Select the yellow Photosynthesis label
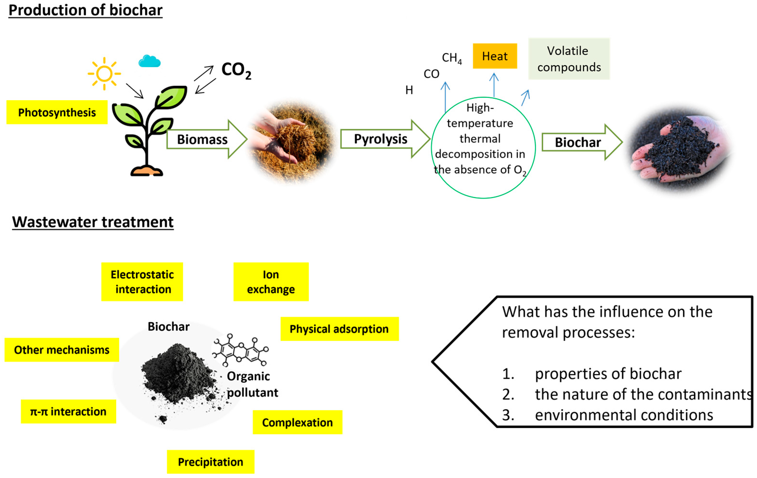(57, 112)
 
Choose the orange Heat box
(495, 56)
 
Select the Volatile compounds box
(569, 59)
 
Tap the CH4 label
(451, 58)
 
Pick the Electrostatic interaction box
(142, 282)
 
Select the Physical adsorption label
(339, 329)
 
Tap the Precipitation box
(210, 462)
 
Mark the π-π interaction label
(68, 411)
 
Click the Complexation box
(297, 422)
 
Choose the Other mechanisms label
(62, 350)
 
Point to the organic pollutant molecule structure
(241, 350)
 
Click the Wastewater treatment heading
(93, 222)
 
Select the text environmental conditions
(624, 415)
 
